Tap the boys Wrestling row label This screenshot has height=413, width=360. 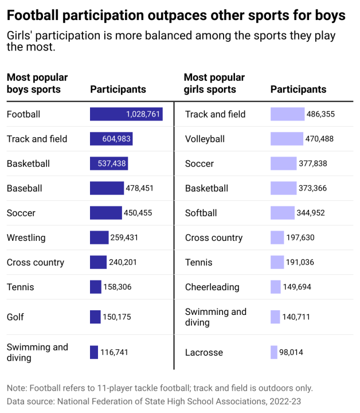click(26, 237)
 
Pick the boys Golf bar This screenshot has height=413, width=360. click(95, 317)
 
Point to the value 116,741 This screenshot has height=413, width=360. click(114, 352)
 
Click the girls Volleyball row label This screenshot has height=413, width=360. click(205, 139)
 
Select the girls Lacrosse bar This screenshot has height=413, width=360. click(273, 352)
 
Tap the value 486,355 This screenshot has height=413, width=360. click(320, 114)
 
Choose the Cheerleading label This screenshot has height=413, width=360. click(212, 287)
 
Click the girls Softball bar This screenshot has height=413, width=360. click(283, 213)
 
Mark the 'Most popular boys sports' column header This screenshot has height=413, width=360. click(37, 83)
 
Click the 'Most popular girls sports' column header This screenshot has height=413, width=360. click(214, 83)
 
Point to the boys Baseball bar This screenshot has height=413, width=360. click(107, 188)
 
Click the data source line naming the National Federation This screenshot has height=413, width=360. click(154, 401)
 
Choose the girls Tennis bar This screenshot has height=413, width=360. click(277, 262)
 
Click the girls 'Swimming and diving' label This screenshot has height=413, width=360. click(216, 317)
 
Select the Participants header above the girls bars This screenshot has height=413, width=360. click(298, 89)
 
